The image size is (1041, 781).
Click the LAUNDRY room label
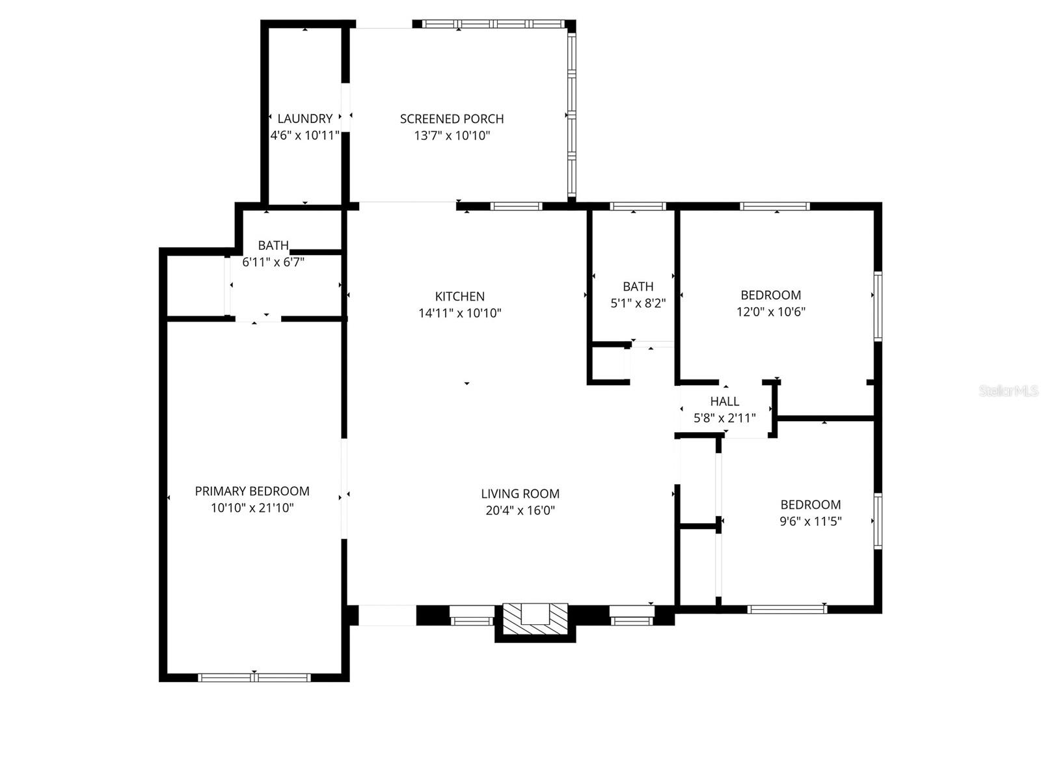pos(304,118)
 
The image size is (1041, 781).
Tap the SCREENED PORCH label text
pos(452,118)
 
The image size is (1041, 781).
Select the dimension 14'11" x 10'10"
pos(459,313)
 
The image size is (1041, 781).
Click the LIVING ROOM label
pos(520,494)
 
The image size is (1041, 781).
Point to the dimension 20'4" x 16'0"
pos(520,511)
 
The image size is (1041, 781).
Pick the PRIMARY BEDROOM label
pos(252,491)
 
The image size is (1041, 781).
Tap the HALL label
pos(724,402)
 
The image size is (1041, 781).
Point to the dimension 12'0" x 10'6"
pos(770,312)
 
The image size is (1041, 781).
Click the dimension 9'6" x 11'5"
pos(810,521)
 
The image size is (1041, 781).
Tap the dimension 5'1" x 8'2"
pos(638,303)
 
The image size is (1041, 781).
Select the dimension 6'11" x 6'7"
pos(273,262)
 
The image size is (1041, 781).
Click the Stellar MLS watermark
pos(1008,391)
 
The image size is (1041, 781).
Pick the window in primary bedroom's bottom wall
pos(254,678)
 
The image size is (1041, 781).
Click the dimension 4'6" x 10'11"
pos(304,135)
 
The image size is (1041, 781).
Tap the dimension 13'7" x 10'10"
pos(452,135)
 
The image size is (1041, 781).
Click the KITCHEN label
pos(459,296)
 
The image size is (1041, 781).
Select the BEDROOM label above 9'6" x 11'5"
pos(810,504)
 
